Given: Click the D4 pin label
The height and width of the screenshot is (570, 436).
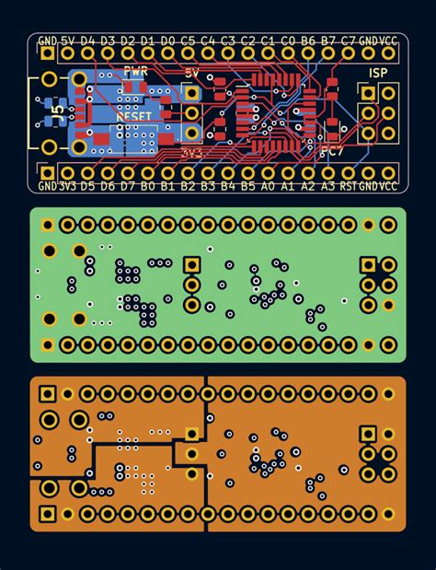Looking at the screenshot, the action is click(x=87, y=41).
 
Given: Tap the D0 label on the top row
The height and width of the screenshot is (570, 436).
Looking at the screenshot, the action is click(x=167, y=41).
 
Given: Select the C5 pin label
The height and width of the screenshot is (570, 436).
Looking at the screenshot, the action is click(x=188, y=41).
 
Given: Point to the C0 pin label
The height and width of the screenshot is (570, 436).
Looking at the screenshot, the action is click(x=288, y=41).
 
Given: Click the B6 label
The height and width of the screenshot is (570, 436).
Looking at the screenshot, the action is click(x=308, y=41).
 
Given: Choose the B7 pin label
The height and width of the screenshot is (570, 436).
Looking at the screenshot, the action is click(x=328, y=41).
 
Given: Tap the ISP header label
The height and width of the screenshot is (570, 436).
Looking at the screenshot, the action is click(x=377, y=72).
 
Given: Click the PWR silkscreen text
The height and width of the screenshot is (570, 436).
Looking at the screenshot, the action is click(x=134, y=72).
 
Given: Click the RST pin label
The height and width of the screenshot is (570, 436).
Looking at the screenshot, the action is click(x=349, y=186).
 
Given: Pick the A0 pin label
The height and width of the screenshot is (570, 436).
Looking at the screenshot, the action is click(x=268, y=186).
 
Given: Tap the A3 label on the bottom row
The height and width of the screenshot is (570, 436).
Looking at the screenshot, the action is click(x=328, y=186).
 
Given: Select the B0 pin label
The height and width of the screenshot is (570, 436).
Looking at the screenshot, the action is click(x=147, y=186).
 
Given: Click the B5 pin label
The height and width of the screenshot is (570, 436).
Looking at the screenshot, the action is click(x=247, y=186).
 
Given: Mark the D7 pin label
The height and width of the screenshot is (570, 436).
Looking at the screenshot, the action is click(x=127, y=186).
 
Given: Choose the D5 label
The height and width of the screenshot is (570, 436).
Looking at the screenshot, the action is click(x=87, y=186).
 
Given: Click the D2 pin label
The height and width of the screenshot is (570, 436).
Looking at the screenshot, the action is click(x=127, y=41).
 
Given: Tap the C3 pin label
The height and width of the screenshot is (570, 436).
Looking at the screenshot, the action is click(x=228, y=41).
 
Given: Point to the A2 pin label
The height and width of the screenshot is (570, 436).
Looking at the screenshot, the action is click(x=308, y=186).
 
